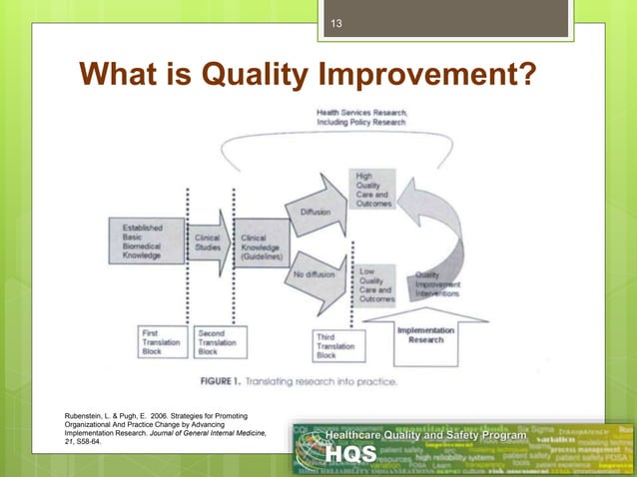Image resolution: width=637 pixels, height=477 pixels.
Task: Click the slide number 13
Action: (x=336, y=25)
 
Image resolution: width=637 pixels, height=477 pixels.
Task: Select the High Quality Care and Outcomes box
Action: (x=373, y=190)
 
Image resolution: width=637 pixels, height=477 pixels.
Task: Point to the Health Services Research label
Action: (x=360, y=118)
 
